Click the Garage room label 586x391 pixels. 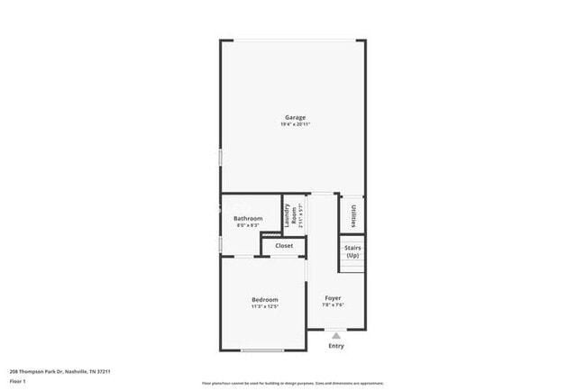[295, 117]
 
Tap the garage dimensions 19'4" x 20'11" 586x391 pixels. [295, 124]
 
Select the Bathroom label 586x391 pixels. [248, 219]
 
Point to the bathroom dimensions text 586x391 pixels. [248, 225]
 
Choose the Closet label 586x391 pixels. [284, 245]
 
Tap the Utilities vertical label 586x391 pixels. [352, 215]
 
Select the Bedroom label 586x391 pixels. [264, 300]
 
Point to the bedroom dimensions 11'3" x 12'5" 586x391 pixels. [264, 307]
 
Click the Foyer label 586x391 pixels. [334, 297]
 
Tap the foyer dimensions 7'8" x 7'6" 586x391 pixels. [334, 305]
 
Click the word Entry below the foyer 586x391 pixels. [336, 346]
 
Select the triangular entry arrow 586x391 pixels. [336, 335]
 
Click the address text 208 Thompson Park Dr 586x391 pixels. [60, 370]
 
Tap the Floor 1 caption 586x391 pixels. [18, 381]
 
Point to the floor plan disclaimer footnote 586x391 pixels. [292, 382]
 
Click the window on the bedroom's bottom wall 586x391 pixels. [262, 350]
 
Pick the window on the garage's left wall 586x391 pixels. [220, 157]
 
